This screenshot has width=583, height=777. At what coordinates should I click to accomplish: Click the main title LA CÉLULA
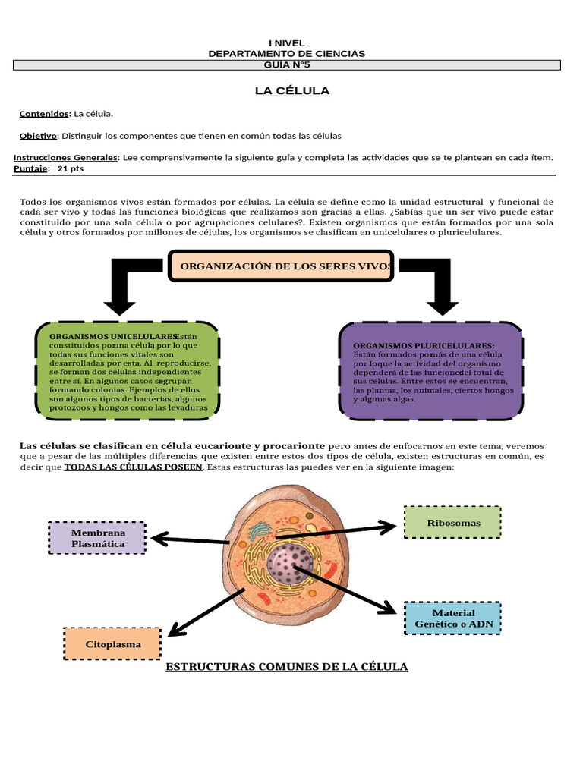[x=291, y=91]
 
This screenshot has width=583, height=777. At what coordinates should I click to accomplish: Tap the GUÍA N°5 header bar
[x=287, y=65]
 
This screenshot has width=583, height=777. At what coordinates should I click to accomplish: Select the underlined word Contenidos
[x=44, y=114]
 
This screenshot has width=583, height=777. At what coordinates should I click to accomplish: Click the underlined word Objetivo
[x=38, y=136]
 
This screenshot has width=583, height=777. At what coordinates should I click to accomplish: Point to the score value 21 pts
[x=71, y=168]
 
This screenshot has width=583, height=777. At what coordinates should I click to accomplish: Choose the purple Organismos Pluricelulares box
[x=430, y=371]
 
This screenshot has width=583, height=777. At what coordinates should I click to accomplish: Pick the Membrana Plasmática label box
[x=97, y=538]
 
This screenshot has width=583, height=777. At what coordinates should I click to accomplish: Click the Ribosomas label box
[x=452, y=523]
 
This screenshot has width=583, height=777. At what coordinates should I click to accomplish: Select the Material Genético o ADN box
[x=453, y=618]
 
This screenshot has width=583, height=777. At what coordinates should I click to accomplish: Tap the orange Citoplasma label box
[x=112, y=644]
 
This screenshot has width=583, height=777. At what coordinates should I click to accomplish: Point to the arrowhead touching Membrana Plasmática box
[x=157, y=539]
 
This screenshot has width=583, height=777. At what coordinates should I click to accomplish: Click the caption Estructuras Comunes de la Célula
[x=287, y=667]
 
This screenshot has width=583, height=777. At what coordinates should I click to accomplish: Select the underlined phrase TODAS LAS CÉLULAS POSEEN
[x=134, y=467]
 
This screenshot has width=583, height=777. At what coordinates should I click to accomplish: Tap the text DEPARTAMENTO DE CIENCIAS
[x=286, y=54]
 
